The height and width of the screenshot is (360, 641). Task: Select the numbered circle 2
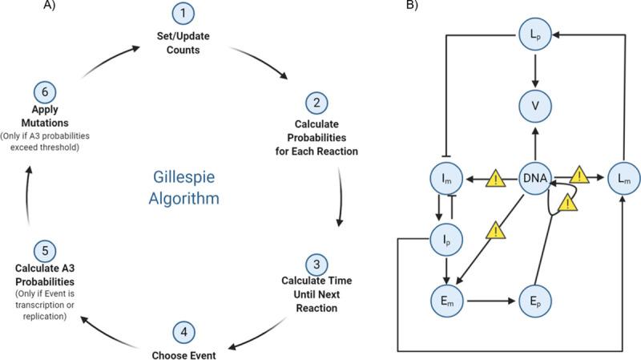[x=317, y=103]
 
